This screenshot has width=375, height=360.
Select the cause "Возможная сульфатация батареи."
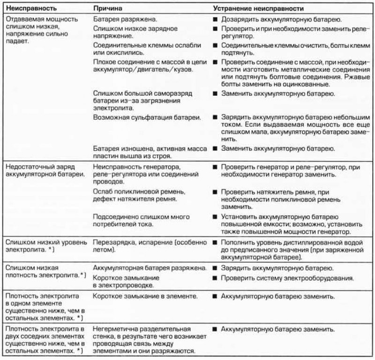[148, 116]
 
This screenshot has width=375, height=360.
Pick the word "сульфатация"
[146, 116]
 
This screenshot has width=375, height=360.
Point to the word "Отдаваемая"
[22, 20]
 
